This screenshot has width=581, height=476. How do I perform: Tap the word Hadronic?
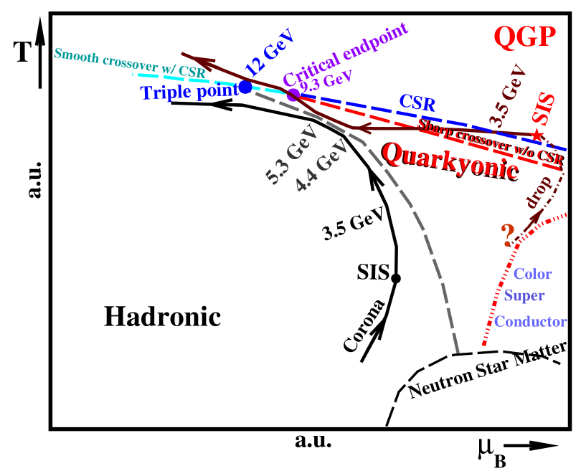[161, 316]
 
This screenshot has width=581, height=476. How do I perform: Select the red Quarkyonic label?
[450, 163]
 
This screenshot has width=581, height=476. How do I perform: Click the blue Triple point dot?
[245, 87]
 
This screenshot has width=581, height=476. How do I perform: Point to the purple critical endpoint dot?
[293, 95]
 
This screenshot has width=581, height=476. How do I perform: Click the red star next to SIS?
[537, 135]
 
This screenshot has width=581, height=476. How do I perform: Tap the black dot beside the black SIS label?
[395, 278]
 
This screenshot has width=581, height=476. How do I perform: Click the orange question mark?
[508, 234]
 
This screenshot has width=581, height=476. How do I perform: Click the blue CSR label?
[418, 103]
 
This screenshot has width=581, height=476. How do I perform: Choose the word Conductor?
[539, 322]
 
